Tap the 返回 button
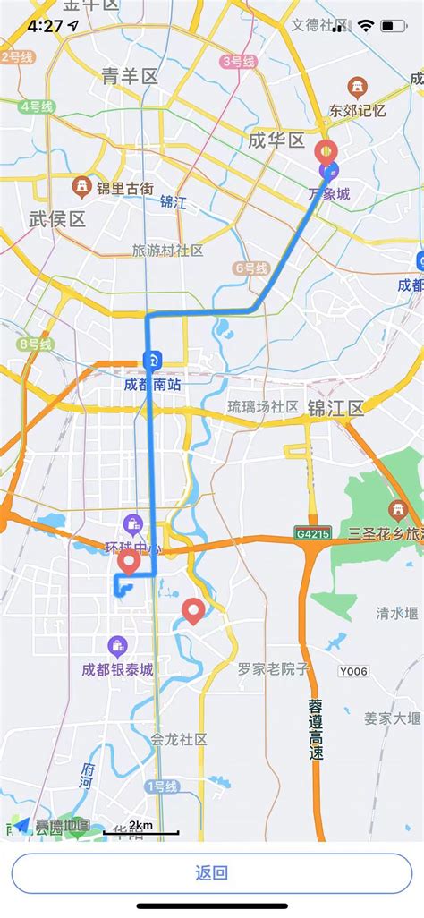(x=212, y=873)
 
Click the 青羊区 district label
(x=130, y=77)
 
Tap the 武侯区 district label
(x=57, y=218)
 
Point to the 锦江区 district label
(x=335, y=409)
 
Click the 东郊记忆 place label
(x=357, y=111)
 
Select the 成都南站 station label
(x=152, y=386)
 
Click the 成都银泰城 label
(x=117, y=669)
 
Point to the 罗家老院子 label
(x=274, y=668)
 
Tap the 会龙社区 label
(x=179, y=739)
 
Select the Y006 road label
(x=353, y=670)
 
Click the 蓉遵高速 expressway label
(x=315, y=729)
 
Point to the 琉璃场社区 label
(x=263, y=407)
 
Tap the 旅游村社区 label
(x=167, y=251)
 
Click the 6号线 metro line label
(x=251, y=268)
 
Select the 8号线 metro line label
(x=36, y=344)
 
